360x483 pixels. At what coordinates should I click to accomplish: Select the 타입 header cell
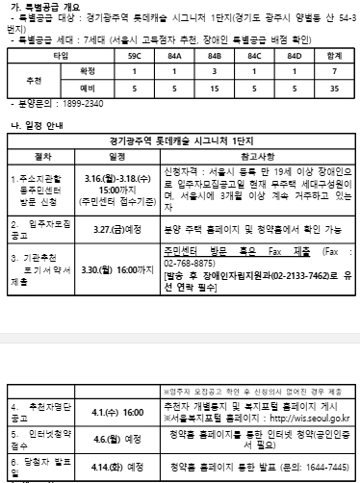click(x=60, y=57)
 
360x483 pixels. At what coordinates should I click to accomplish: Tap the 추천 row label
click(x=35, y=79)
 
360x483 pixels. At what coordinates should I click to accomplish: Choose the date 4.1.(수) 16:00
click(x=121, y=411)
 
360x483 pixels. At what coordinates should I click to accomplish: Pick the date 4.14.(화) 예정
click(x=121, y=467)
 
